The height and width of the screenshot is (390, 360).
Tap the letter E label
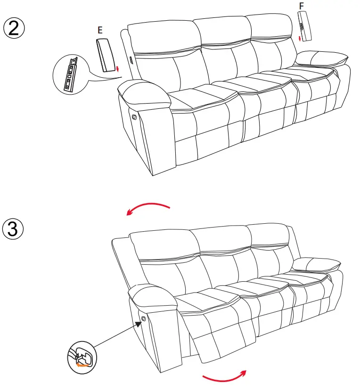point(99,30)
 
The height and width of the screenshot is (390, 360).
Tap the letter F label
point(302,6)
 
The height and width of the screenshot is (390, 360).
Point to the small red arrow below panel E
point(117,70)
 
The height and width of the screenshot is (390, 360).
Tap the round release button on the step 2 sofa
point(134,116)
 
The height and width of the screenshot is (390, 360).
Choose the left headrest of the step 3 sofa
point(160,245)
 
